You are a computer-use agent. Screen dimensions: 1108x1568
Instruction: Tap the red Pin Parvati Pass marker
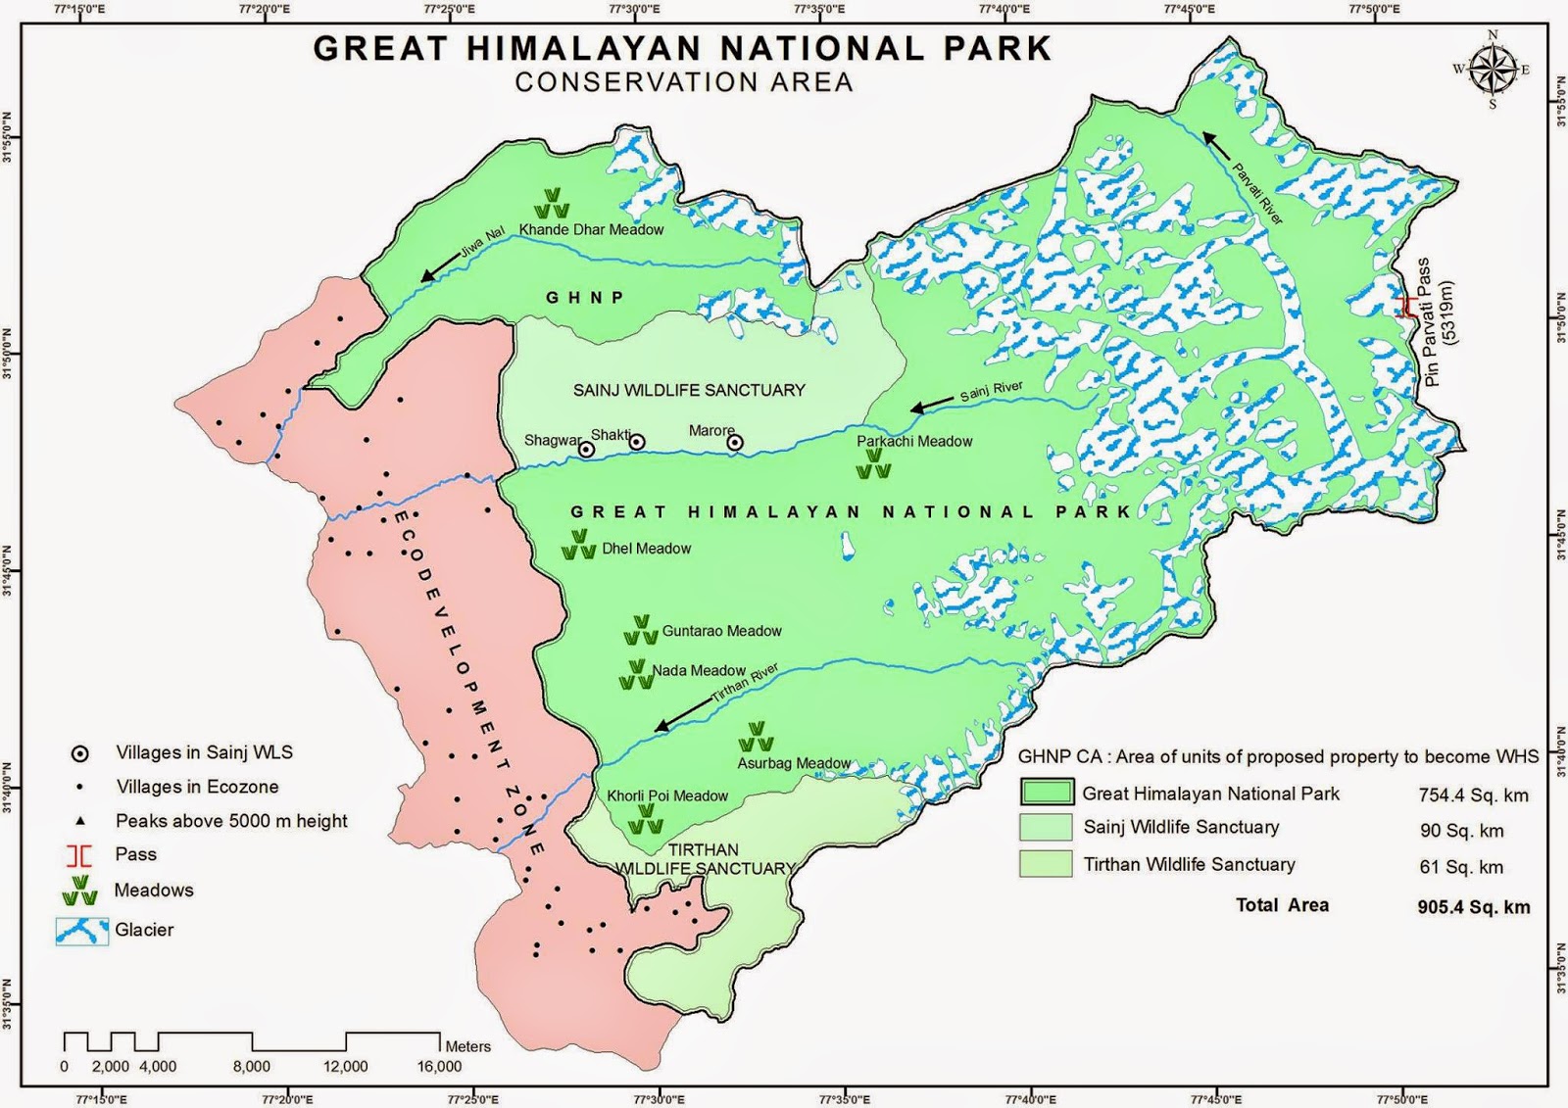click(x=1407, y=308)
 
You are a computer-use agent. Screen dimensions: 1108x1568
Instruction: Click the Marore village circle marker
click(x=735, y=443)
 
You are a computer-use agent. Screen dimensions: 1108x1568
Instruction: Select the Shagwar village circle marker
click(x=586, y=450)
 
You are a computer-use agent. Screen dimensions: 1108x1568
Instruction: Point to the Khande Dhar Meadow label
click(x=591, y=229)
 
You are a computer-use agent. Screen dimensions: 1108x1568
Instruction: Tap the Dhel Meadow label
click(x=646, y=549)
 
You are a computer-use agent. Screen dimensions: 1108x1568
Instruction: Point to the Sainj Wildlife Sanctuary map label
click(x=689, y=390)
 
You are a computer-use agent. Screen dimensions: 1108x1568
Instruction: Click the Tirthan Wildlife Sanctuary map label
click(x=704, y=859)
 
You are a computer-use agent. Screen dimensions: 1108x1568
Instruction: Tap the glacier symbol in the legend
click(x=81, y=931)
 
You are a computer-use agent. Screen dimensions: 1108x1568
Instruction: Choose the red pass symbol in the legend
click(x=79, y=855)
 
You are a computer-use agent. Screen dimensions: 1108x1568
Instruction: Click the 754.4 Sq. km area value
click(x=1473, y=795)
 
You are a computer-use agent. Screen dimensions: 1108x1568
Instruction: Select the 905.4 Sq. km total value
click(x=1473, y=907)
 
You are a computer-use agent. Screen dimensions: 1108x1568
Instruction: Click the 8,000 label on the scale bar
click(x=252, y=1066)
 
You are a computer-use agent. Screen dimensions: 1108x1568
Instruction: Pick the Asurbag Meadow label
click(x=794, y=763)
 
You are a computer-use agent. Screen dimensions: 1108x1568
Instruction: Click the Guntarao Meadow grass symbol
click(x=641, y=630)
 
